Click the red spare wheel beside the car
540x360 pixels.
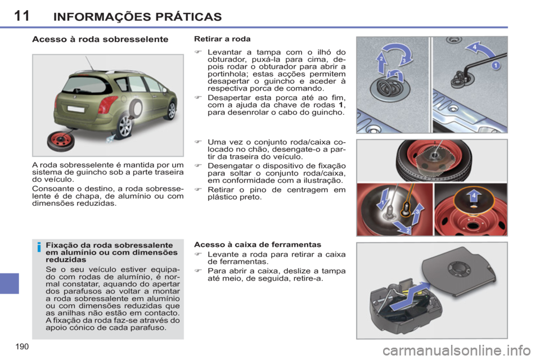click(x=60, y=141)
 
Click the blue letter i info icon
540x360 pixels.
click(x=39, y=246)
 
